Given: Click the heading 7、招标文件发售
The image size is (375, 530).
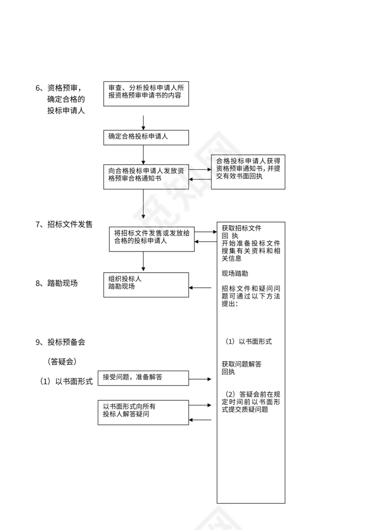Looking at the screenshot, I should point(64,224).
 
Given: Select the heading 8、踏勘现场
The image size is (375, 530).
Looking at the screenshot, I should point(56,284).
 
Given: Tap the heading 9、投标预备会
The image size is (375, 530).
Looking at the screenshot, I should point(60,342).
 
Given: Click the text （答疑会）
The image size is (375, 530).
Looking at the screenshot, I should point(62,362).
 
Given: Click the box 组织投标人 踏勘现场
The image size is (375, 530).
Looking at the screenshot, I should point(146,284).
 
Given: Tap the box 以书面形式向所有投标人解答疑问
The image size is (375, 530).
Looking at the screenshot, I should point(143,412).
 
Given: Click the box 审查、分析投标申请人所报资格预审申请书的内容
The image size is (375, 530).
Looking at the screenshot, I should point(146,93).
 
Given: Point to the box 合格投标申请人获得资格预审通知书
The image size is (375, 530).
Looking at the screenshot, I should point(248,172).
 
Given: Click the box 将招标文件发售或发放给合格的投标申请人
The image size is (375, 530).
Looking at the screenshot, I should point(152,238).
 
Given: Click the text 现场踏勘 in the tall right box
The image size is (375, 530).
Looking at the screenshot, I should point(234,274).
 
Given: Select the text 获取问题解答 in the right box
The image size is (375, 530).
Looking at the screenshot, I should point(241,364).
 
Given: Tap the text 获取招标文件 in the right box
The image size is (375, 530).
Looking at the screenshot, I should point(241,228).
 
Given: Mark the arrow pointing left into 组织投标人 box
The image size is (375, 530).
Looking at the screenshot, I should point(200,288).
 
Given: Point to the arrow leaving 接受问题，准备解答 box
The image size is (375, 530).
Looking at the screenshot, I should point(200,380).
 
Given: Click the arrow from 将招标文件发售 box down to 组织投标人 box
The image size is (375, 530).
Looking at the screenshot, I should point(143,261).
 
